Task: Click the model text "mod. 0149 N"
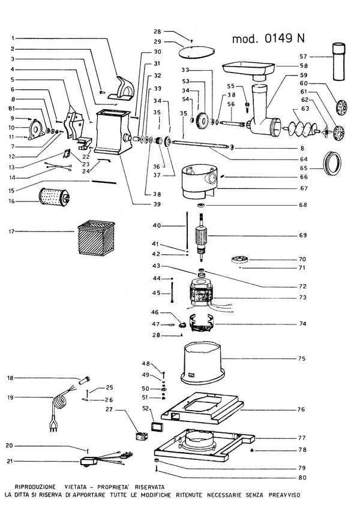(x=268, y=38)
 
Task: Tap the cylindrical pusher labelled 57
(x=340, y=61)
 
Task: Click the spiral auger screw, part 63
(x=300, y=127)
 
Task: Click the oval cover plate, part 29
(x=197, y=52)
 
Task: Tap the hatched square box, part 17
(x=96, y=237)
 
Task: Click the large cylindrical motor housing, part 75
(x=202, y=363)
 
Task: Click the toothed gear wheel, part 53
(x=203, y=121)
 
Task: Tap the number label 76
(x=301, y=409)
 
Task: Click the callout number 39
(x=157, y=204)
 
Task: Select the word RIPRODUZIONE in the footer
(x=35, y=487)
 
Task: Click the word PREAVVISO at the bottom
(x=284, y=495)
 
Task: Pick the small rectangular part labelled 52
(x=158, y=426)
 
